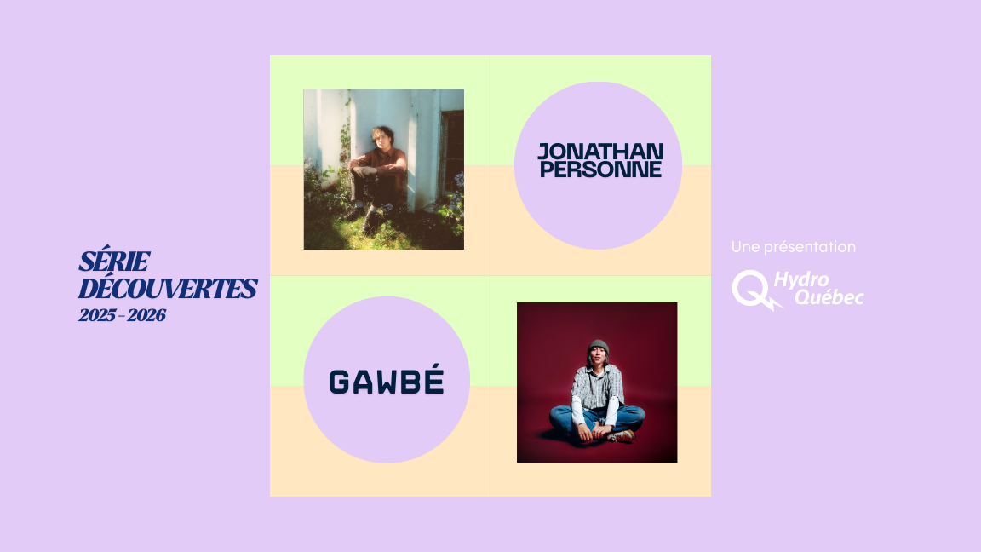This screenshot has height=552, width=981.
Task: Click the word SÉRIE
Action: coord(114,262)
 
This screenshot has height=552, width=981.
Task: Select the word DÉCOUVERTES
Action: coord(167,290)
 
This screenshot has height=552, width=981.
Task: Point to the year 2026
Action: coord(147,316)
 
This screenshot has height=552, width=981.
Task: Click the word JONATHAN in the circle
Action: coord(599,152)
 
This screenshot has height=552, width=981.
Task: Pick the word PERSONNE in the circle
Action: coord(599,169)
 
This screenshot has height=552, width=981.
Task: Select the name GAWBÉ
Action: coord(387,382)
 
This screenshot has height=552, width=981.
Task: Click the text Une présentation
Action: coord(793,247)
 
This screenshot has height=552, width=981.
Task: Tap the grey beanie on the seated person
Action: coord(599,347)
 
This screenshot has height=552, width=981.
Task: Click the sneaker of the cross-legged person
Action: coord(622,435)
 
